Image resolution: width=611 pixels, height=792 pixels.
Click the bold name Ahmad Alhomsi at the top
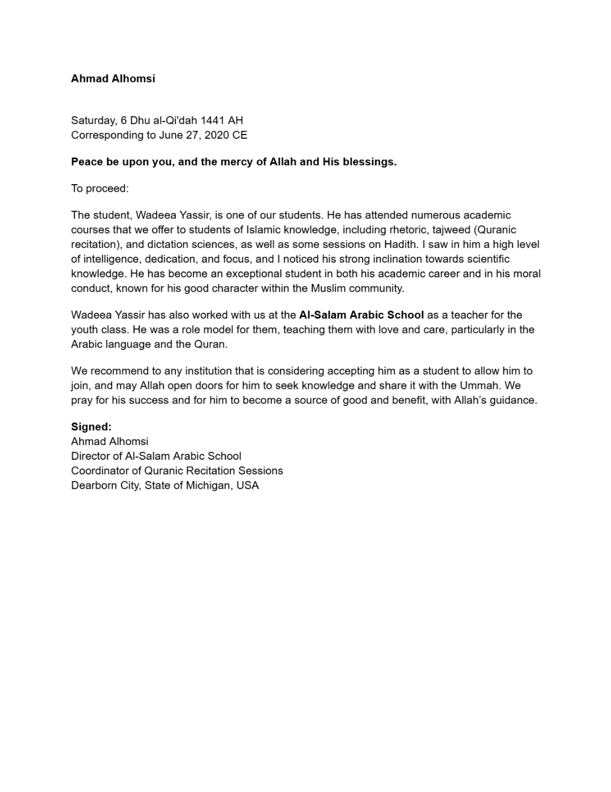(x=113, y=78)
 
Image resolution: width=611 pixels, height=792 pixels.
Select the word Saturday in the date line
(x=93, y=120)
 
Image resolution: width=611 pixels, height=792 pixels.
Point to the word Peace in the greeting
(x=87, y=162)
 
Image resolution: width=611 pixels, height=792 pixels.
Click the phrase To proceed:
(x=100, y=188)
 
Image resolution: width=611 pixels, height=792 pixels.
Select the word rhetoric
(x=410, y=230)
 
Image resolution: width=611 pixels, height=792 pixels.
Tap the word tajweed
(x=452, y=230)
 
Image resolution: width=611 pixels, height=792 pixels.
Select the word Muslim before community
(x=328, y=289)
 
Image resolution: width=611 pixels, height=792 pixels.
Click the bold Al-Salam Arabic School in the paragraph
(x=361, y=315)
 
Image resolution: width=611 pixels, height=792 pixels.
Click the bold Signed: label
(x=91, y=427)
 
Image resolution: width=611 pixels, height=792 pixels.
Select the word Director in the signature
(x=89, y=456)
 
